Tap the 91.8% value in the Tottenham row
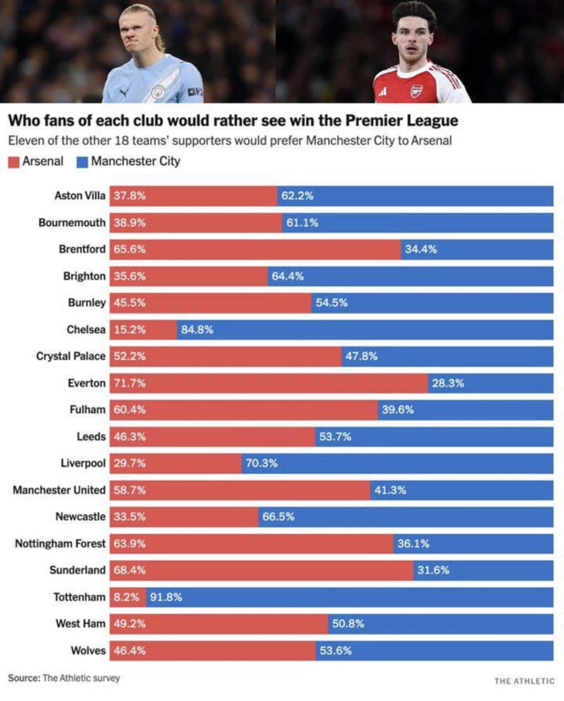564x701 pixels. [166, 597]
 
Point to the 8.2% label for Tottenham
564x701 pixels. [126, 597]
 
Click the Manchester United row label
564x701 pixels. [59, 490]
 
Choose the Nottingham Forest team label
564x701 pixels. [60, 543]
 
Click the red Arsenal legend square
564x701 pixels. [14, 162]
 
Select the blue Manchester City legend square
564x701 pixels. [82, 162]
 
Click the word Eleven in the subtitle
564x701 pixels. [26, 141]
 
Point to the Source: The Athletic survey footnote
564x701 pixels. [64, 678]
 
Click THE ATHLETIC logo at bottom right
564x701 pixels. [524, 681]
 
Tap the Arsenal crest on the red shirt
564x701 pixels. [416, 91]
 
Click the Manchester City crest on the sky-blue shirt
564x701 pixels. [158, 92]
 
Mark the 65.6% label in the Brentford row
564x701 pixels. [130, 249]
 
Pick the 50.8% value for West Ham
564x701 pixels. [348, 623]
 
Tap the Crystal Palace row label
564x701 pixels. [71, 356]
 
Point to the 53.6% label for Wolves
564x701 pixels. [336, 650]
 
